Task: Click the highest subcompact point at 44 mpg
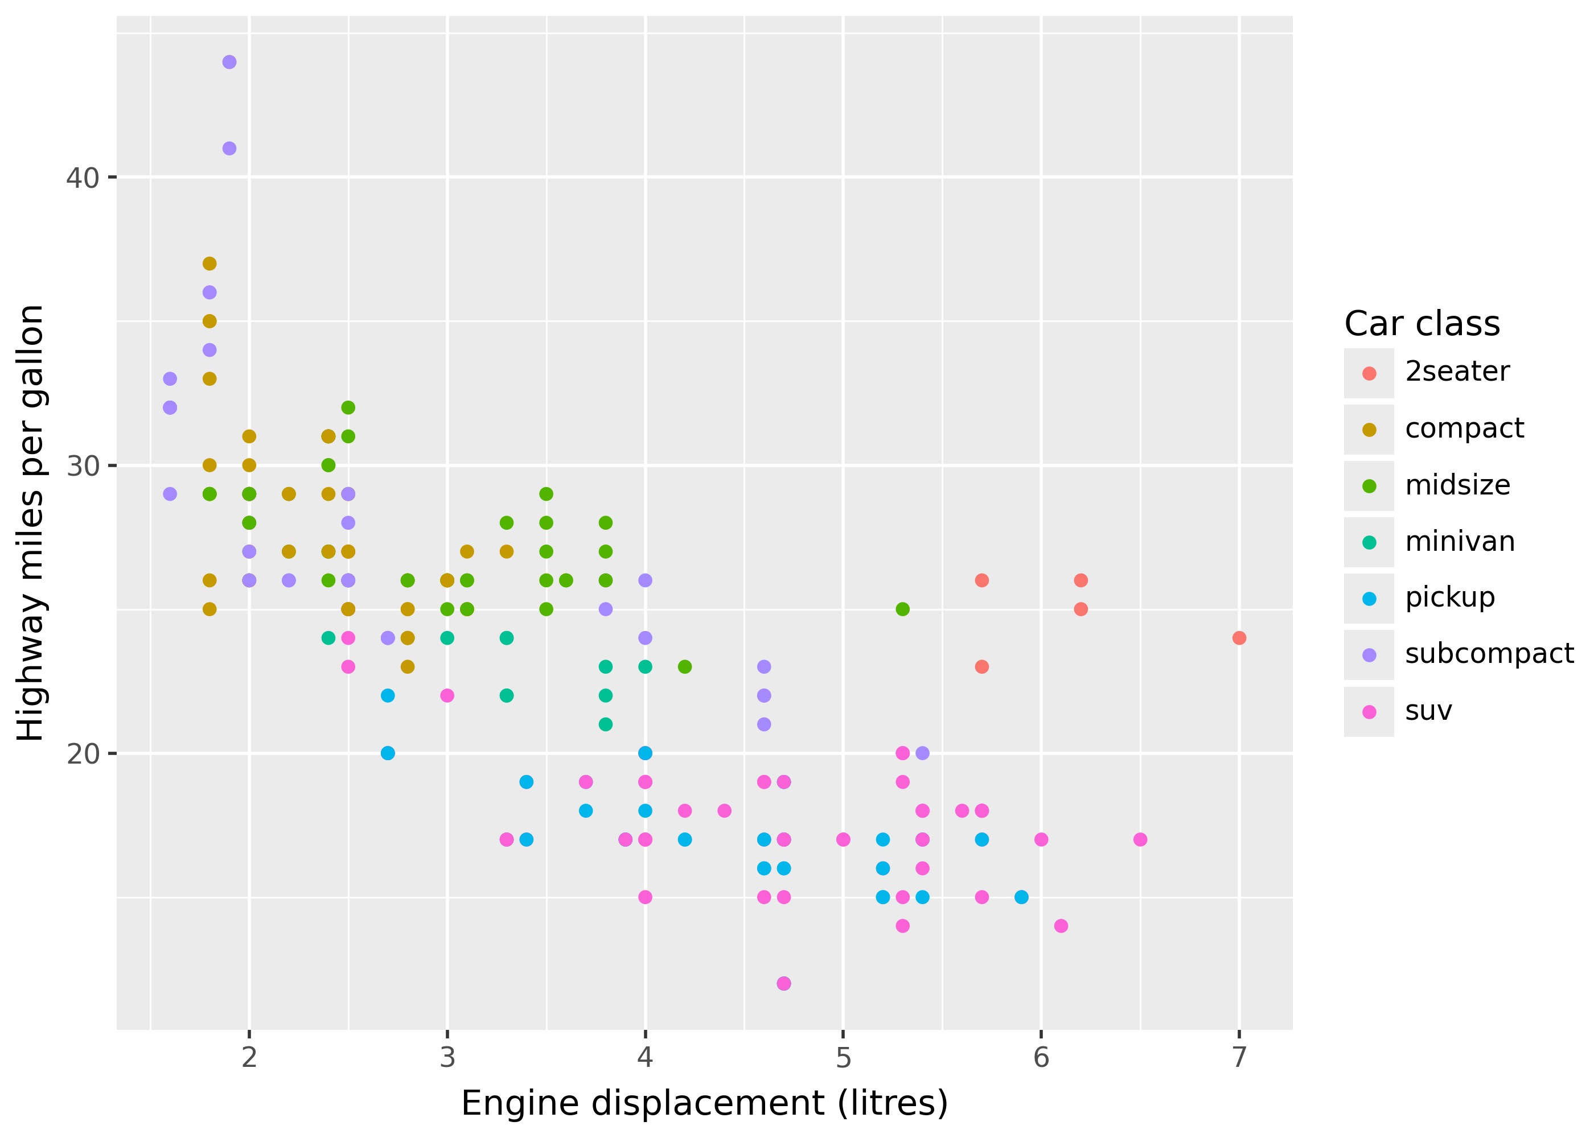click(229, 63)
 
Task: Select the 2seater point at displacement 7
click(1239, 638)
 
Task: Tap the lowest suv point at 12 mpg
click(784, 983)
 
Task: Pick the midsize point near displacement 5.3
click(902, 609)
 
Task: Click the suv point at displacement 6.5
click(1140, 839)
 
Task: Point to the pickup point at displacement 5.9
click(1021, 897)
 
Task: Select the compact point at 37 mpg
click(209, 263)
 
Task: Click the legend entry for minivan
click(1460, 542)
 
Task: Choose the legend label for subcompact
click(1489, 654)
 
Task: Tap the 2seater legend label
click(1457, 372)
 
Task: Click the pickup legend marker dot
click(1369, 599)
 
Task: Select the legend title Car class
click(1422, 324)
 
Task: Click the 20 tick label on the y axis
click(83, 753)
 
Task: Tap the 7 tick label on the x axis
click(1239, 1057)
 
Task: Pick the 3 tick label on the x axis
click(447, 1057)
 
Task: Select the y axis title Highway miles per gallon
click(31, 523)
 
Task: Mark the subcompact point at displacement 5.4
click(922, 753)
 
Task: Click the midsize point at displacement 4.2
click(685, 666)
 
